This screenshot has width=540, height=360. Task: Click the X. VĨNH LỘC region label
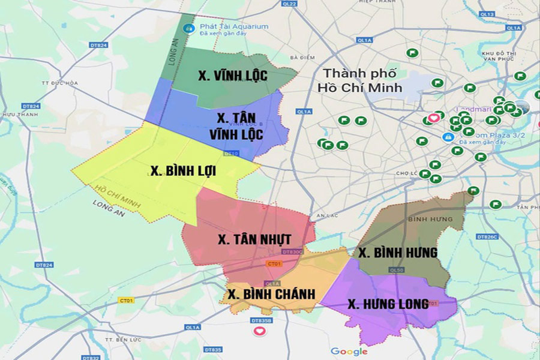click(232, 76)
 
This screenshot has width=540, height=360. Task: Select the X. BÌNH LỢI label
click(183, 171)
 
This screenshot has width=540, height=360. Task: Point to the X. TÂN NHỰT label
click(254, 239)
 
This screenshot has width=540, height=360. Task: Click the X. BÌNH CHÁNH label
click(272, 294)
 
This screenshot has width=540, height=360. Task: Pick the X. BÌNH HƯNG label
click(398, 252)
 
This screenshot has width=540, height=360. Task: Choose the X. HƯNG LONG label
click(388, 304)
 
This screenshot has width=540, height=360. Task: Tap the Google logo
click(349, 352)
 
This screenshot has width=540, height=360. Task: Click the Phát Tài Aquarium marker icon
click(188, 28)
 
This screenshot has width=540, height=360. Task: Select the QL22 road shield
click(290, 4)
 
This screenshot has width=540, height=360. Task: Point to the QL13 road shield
click(487, 14)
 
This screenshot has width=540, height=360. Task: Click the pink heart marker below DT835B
click(259, 331)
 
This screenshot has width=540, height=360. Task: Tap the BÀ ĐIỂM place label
click(302, 58)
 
